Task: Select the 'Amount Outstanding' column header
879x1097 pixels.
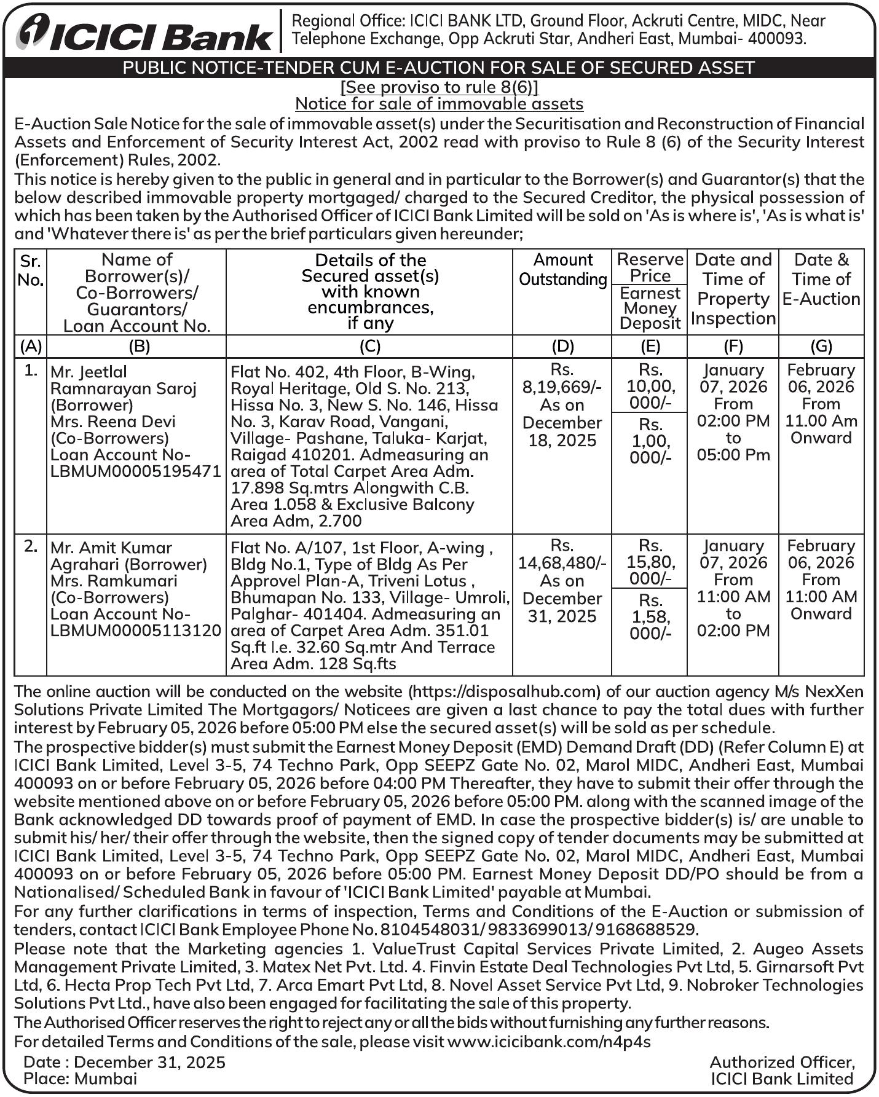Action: (562, 270)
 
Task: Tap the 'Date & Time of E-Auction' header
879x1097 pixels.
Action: (821, 280)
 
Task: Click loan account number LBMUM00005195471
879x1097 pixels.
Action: (136, 471)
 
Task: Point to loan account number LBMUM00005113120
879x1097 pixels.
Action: (136, 631)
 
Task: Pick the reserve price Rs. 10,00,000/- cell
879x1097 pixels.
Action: (649, 387)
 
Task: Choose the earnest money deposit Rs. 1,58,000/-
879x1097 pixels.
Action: (649, 617)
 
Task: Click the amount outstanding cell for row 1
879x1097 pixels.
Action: (562, 405)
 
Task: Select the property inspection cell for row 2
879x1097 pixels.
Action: (733, 588)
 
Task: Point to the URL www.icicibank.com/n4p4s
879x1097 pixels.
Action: (548, 1042)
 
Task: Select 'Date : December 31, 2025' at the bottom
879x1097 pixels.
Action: (124, 1062)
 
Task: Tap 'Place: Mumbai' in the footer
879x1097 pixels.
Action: (80, 1079)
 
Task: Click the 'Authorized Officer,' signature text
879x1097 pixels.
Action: (782, 1062)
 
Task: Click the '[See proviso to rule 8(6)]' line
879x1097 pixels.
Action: (440, 87)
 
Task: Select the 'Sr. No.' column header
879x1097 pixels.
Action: (30, 270)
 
